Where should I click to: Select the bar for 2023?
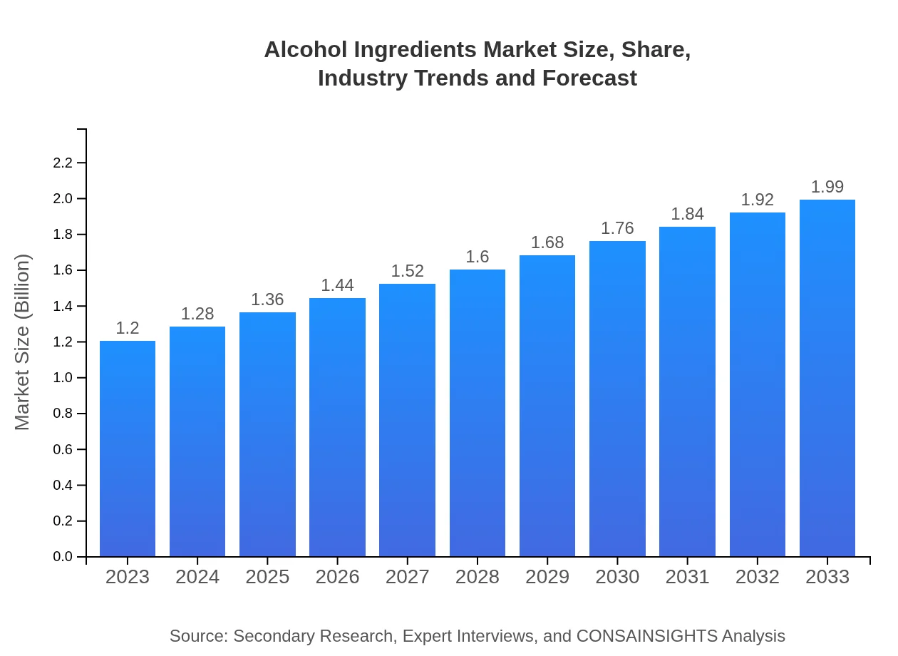click(128, 449)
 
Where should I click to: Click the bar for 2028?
click(478, 413)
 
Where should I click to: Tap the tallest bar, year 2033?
click(827, 378)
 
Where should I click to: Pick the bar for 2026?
click(337, 427)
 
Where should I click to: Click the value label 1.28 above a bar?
click(197, 314)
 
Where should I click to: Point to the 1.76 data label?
click(617, 228)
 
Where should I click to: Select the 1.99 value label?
click(827, 187)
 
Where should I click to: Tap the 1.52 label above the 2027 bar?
click(408, 271)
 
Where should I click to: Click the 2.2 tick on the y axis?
click(63, 163)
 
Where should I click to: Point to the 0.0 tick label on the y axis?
click(63, 557)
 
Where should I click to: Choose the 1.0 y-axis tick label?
click(63, 378)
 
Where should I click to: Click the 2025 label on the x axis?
click(267, 577)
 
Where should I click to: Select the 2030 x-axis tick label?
click(617, 577)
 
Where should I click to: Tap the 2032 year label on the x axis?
click(758, 577)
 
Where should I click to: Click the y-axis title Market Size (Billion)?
click(23, 342)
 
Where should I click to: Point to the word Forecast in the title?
click(589, 78)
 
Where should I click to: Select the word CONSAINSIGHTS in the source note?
click(646, 636)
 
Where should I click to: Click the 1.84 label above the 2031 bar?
click(687, 214)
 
